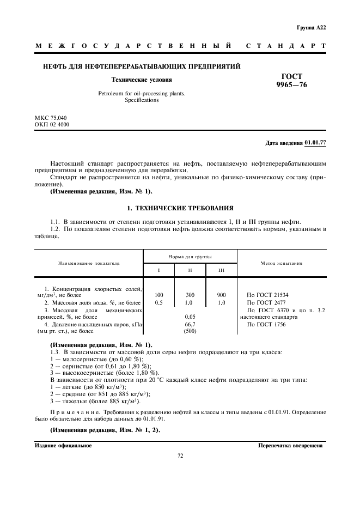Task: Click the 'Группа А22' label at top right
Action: [x=311, y=27]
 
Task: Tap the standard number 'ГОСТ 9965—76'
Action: [x=291, y=81]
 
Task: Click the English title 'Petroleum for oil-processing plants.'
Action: [x=142, y=94]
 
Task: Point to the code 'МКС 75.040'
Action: [x=51, y=117]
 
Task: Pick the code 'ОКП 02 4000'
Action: [x=52, y=124]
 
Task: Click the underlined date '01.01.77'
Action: [x=315, y=143]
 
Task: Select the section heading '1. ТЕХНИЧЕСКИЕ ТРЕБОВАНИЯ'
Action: [x=180, y=208]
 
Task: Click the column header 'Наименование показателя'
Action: [x=89, y=263]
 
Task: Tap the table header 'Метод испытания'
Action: [x=282, y=263]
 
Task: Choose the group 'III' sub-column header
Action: [x=221, y=270]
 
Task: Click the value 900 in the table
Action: [x=221, y=295]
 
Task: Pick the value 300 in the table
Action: [x=190, y=295]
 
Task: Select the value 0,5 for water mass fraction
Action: [x=158, y=302]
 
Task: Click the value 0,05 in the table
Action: [x=190, y=316]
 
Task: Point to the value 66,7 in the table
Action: [x=190, y=324]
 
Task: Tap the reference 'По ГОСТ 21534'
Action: [x=267, y=295]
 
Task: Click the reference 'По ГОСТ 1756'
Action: [x=266, y=324]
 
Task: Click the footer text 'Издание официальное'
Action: [x=63, y=445]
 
